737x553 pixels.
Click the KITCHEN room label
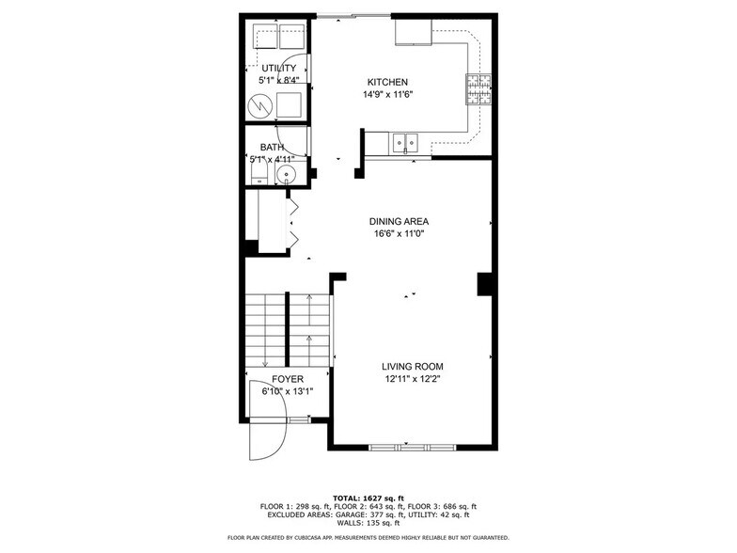point(387,82)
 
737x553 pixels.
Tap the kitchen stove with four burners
point(478,88)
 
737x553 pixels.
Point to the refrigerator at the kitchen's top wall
point(413,33)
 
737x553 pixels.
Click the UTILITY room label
point(278,69)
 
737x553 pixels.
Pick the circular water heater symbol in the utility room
point(259,106)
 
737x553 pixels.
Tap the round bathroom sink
point(294,176)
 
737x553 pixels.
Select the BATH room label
point(272,148)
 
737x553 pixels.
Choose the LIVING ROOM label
point(412,367)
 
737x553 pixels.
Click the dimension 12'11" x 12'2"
point(412,380)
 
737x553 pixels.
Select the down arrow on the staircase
point(265,362)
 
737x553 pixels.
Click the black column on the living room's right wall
point(486,284)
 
